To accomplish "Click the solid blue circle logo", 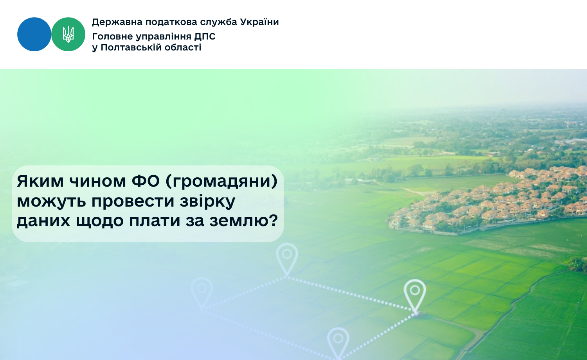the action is (34, 34).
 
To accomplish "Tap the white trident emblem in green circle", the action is (68, 34).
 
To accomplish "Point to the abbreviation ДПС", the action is (205, 36).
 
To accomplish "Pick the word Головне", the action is (112, 36).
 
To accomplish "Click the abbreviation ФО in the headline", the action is (146, 181).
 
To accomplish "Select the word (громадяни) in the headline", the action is (221, 182).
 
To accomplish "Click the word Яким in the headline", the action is (40, 181).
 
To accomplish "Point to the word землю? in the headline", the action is (243, 221).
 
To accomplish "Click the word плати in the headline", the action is (155, 221).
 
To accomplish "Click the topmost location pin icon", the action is (287, 259).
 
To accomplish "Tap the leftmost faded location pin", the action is (202, 293).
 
